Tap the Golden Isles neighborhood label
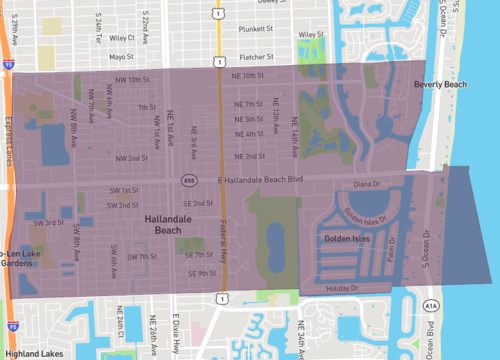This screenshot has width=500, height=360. pos(346,240)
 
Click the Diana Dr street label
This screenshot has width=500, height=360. pos(367,185)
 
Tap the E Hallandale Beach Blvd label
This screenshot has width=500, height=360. pos(259,180)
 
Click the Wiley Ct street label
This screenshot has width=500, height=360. pos(122,37)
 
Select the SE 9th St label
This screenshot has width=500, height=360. pos(200,273)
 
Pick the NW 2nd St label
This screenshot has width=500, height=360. pos(131,158)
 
